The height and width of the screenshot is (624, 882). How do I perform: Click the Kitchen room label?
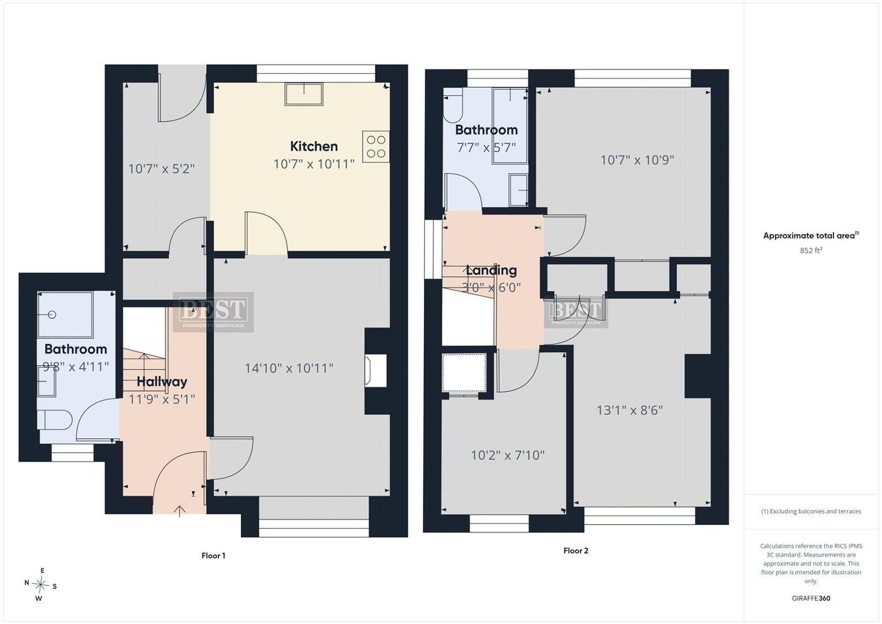click(x=314, y=147)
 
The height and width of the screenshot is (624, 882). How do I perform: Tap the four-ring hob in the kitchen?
click(x=376, y=147)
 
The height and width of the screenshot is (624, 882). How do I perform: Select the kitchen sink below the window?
click(x=304, y=94)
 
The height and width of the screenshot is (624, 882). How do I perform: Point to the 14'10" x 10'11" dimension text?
click(x=289, y=369)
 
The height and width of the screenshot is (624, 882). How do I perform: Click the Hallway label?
click(x=162, y=382)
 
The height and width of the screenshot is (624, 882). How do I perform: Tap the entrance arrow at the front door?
click(x=180, y=511)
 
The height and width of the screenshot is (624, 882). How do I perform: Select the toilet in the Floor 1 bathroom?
click(x=55, y=420)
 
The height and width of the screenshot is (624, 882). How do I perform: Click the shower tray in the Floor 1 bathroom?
click(x=65, y=315)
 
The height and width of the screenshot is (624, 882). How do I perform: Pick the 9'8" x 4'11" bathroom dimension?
click(x=76, y=367)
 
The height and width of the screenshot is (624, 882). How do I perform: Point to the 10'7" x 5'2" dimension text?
click(x=161, y=169)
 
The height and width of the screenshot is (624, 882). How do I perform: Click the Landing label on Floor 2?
click(x=491, y=270)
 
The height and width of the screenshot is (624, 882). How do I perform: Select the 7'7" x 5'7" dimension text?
click(x=486, y=148)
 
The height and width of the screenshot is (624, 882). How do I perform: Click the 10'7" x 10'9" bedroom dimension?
click(x=637, y=161)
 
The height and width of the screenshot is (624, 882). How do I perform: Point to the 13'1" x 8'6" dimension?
click(x=630, y=410)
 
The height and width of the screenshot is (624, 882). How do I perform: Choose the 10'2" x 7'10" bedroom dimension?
click(x=508, y=455)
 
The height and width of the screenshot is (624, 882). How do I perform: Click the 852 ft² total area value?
click(x=811, y=250)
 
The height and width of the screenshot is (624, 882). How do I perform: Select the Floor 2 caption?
click(x=576, y=551)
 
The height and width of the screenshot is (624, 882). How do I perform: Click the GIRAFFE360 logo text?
click(x=811, y=599)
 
